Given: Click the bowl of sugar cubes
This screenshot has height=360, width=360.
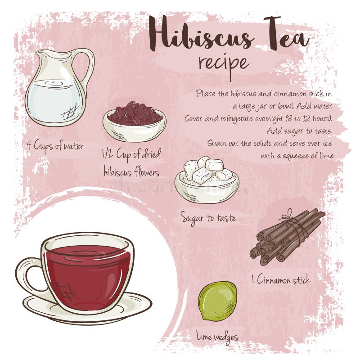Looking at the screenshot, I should [x=207, y=180].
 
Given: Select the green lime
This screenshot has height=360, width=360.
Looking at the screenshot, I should [x=217, y=301].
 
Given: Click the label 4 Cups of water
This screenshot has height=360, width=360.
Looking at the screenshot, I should [x=54, y=147].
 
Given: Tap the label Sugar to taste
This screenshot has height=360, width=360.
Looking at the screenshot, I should [x=208, y=218].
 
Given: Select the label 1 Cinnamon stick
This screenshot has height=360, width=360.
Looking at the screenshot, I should [x=281, y=280].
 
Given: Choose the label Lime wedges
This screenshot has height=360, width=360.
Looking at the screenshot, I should [x=217, y=336].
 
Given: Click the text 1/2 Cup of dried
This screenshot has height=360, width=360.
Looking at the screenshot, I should [x=131, y=154].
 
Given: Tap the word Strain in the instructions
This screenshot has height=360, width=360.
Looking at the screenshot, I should [x=218, y=143].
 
